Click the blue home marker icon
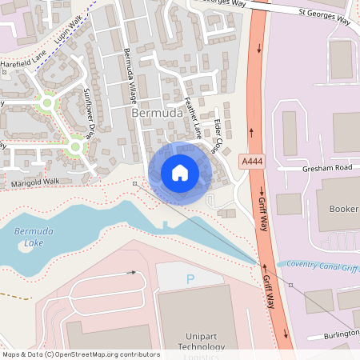coord(180,173)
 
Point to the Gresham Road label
coord(326,169)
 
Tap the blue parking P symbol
coord(190,279)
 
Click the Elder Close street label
coord(217,134)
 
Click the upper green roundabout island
coord(46,103)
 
